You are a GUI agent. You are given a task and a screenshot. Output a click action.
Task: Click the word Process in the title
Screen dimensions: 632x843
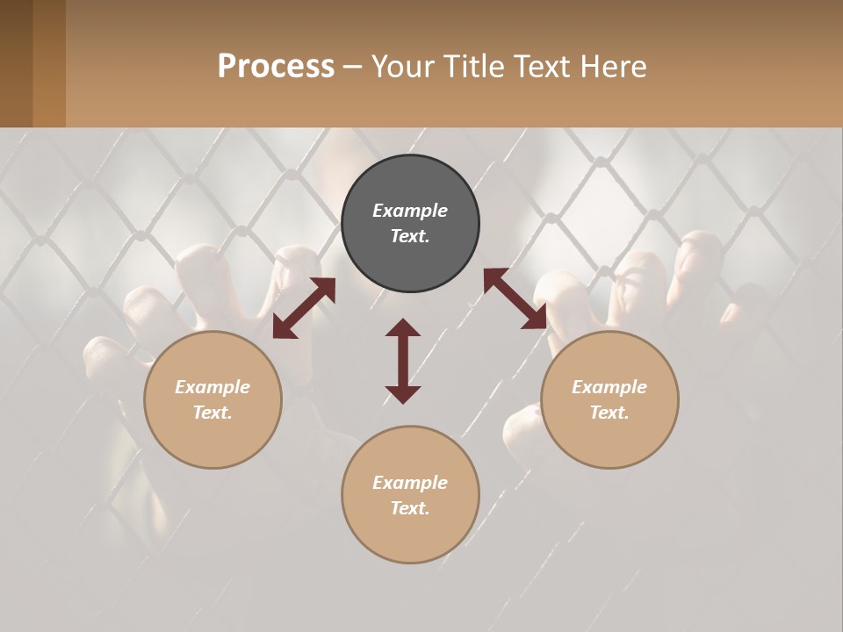click(276, 67)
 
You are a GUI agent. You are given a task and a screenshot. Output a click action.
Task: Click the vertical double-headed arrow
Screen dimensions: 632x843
click(403, 361)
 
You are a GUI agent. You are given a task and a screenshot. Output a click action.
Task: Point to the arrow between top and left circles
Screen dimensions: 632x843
click(304, 308)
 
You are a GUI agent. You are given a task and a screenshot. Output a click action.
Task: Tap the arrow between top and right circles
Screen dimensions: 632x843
click(515, 298)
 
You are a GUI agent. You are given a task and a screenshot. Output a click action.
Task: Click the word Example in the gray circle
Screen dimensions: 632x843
click(410, 211)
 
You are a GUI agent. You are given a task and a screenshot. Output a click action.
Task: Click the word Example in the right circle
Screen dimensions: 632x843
click(609, 387)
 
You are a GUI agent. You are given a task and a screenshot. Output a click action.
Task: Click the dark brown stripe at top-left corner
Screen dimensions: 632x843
click(16, 63)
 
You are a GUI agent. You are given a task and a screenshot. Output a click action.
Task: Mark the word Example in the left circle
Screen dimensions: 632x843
click(213, 387)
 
